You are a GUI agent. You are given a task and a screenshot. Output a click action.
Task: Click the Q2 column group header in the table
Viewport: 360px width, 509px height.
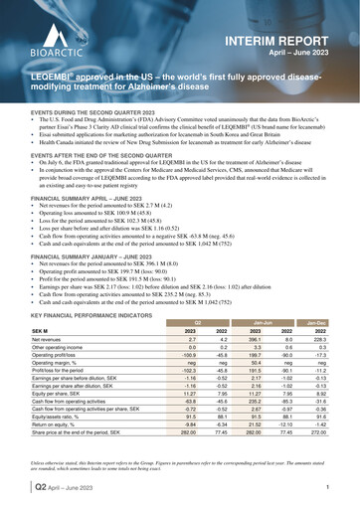coord(196,323)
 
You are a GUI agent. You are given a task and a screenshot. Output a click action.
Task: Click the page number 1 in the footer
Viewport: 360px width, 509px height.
coord(327,488)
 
